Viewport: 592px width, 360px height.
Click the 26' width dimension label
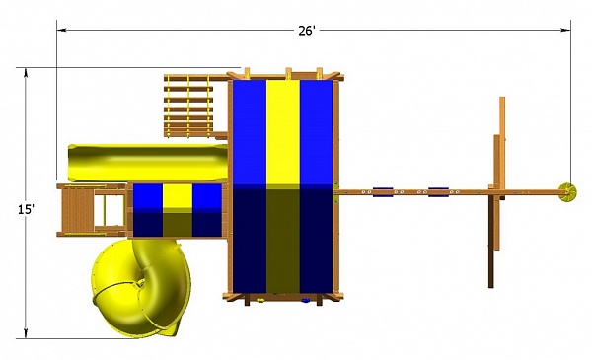307,31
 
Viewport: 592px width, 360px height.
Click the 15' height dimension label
26,209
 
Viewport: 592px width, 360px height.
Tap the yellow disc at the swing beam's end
567,192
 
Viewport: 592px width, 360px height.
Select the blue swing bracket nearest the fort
383,192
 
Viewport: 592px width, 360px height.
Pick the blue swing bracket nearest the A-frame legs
438,192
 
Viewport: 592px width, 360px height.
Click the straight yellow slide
148,163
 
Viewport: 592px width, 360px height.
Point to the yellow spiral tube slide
141,288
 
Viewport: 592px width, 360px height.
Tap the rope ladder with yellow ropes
188,107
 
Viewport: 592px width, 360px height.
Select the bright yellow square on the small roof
178,196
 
